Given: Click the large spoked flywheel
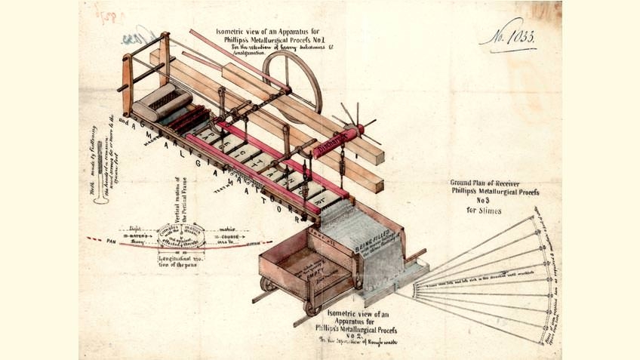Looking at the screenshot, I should (293, 80).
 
